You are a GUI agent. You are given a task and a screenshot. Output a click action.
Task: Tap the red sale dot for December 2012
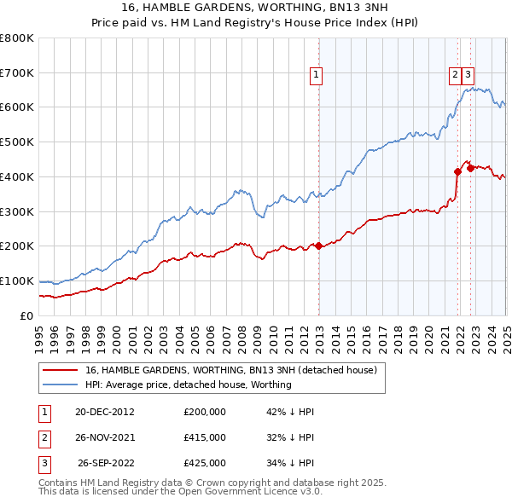(318, 246)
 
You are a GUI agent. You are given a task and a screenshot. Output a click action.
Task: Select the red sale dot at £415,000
(458, 171)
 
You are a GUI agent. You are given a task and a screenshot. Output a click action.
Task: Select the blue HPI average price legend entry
(188, 384)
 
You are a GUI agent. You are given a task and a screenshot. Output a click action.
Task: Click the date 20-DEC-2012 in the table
(104, 411)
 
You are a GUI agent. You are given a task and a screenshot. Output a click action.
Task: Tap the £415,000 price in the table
(205, 437)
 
